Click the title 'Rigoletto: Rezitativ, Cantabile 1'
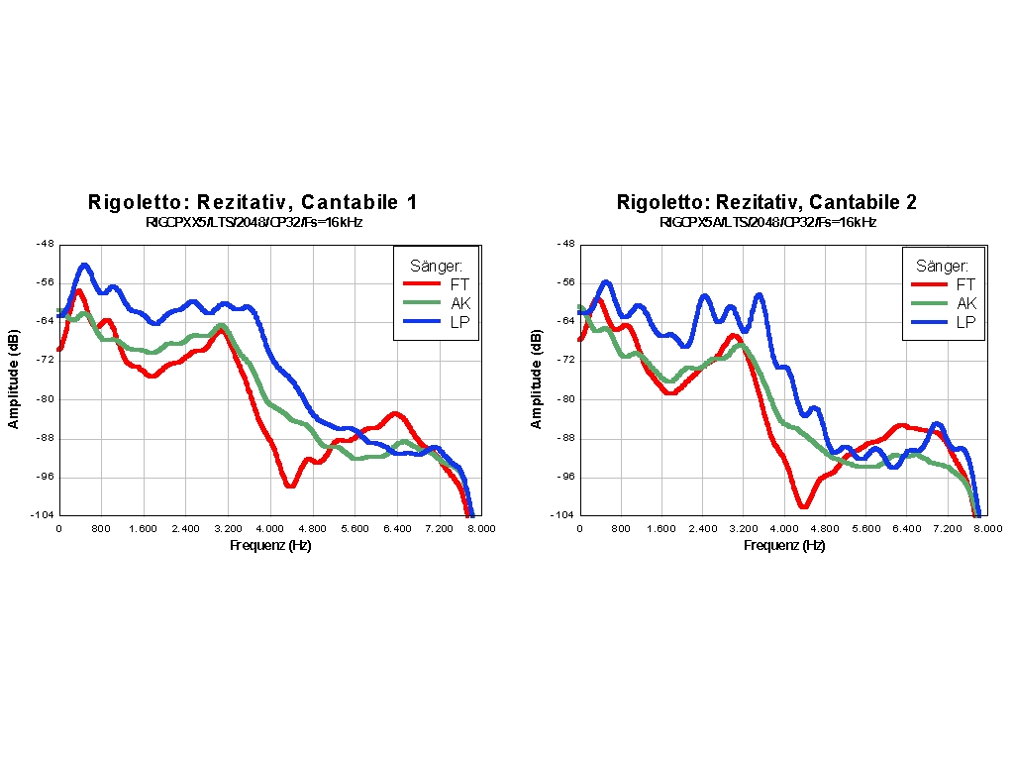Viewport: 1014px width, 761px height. click(253, 202)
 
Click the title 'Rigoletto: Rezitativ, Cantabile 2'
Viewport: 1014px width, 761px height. click(766, 202)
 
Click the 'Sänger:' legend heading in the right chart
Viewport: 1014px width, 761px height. click(942, 266)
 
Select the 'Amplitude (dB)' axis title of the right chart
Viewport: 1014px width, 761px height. click(537, 380)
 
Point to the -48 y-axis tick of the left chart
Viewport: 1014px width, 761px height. click(46, 244)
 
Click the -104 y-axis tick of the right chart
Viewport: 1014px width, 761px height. click(562, 515)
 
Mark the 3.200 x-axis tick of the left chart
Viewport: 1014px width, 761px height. click(228, 529)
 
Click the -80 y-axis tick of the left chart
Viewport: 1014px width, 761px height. click(46, 399)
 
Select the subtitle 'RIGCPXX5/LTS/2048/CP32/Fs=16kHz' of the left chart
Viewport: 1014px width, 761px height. click(253, 223)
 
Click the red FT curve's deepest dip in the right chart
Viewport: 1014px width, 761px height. click(803, 505)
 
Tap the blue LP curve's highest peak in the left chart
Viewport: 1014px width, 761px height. click(85, 266)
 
